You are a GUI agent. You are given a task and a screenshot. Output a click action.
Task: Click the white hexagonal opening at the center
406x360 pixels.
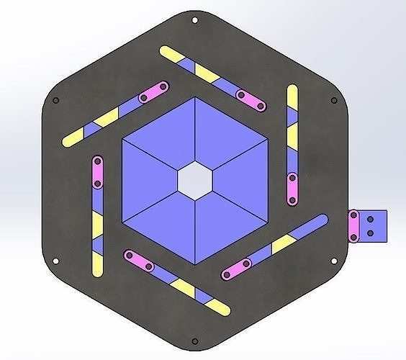[x=195, y=179]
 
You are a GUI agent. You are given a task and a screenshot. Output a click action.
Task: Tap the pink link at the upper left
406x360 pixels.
[x=153, y=91]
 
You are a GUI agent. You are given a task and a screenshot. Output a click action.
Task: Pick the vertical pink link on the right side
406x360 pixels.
[x=292, y=189]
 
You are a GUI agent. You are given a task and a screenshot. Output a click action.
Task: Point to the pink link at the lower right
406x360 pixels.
[x=237, y=269]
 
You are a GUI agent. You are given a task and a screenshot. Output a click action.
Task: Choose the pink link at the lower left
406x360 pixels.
[x=139, y=260]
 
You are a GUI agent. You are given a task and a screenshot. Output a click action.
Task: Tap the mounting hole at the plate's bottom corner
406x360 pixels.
[x=195, y=341]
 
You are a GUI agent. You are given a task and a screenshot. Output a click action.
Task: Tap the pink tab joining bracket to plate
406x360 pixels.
[x=354, y=224]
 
